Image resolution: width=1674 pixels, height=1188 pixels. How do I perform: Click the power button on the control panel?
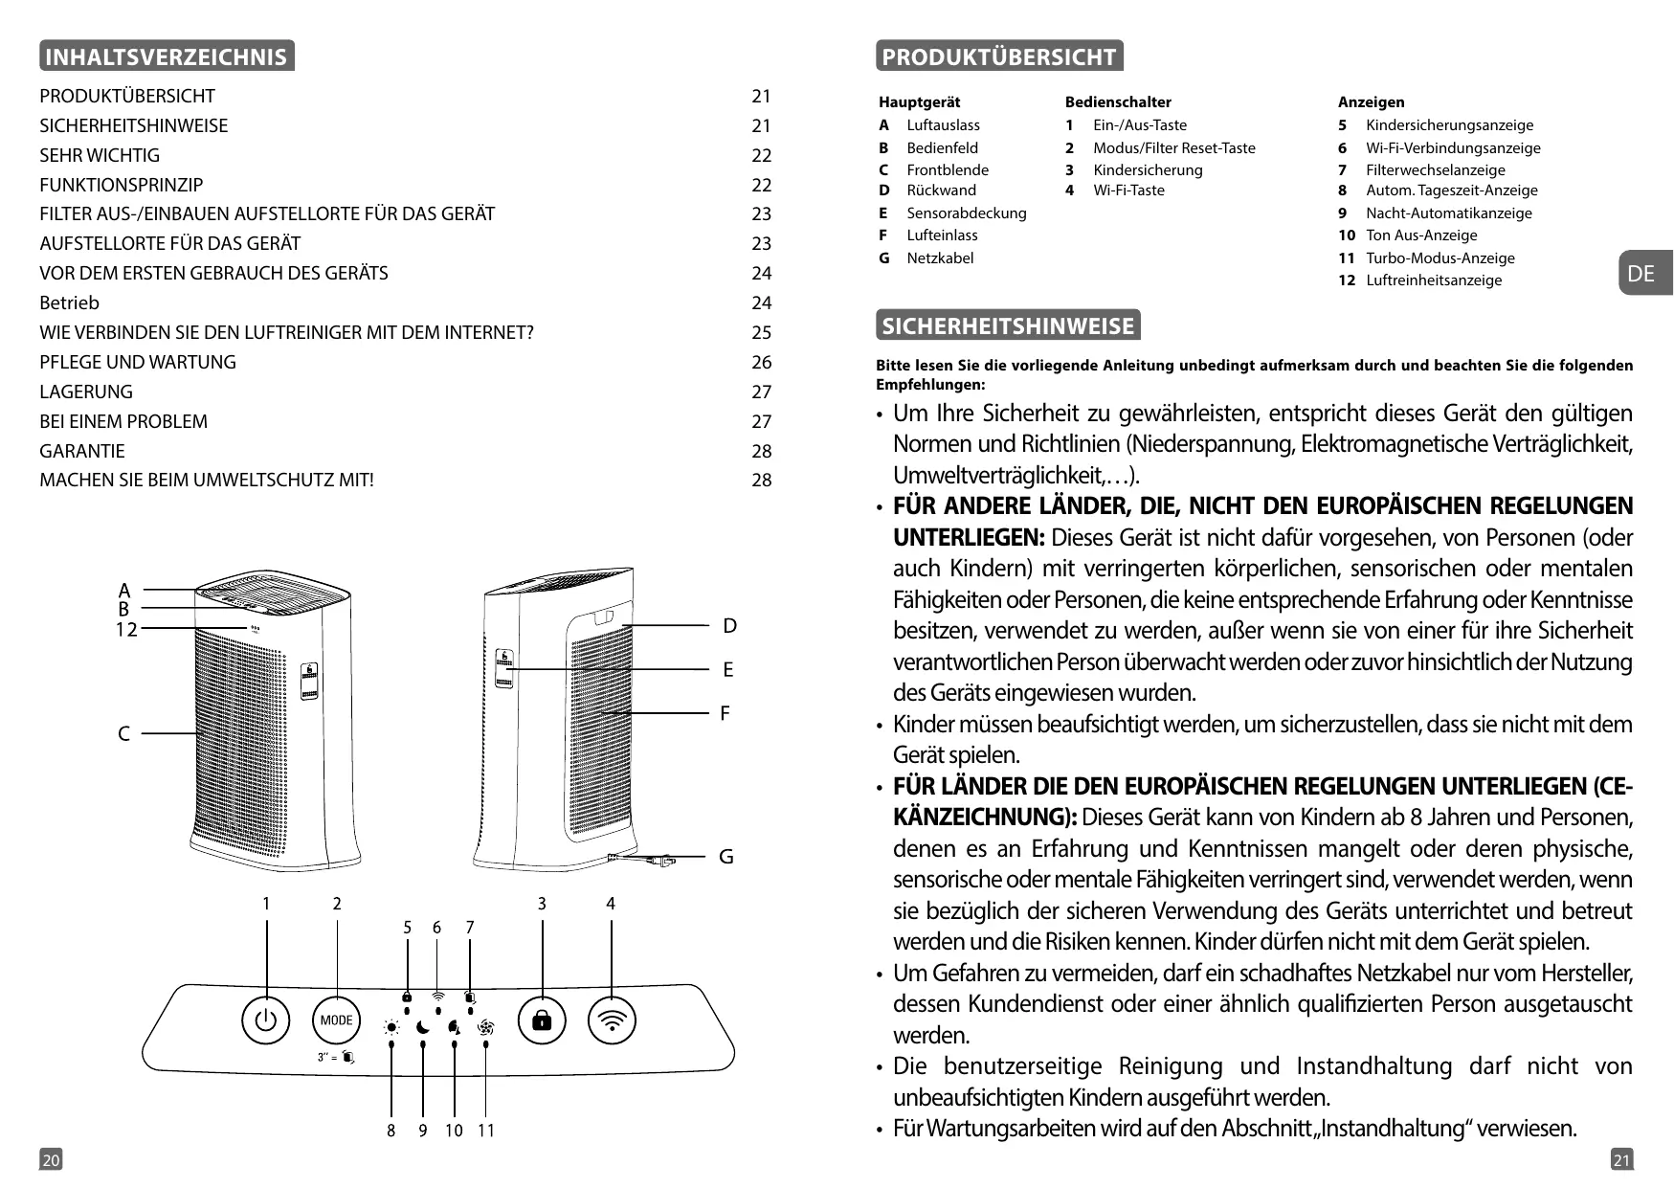pos(266,1020)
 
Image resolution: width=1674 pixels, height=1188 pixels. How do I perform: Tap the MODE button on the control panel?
pos(336,1020)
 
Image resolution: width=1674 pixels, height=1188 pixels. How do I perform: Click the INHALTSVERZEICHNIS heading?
pos(167,56)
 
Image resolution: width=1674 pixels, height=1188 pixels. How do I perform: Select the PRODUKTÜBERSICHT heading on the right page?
pos(998,56)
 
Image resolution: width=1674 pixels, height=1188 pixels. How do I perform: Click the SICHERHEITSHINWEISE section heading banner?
pos(1008,326)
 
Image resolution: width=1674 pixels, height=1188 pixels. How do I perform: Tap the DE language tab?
pos(1641,274)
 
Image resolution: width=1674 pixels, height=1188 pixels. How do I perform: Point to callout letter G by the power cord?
pos(726,857)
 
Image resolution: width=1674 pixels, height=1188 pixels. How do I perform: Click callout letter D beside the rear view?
pos(729,626)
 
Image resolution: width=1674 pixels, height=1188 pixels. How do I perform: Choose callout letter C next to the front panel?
pos(123,734)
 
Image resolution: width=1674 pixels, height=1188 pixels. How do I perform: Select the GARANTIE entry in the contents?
pos(82,451)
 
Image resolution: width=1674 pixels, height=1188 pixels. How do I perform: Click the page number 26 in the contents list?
pos(761,362)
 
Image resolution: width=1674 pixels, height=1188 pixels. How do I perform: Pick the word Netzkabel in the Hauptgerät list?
pos(940,258)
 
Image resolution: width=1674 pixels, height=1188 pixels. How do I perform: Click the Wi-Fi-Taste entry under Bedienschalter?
pos(1128,191)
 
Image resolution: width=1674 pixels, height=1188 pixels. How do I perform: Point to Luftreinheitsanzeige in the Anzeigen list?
pos(1433,280)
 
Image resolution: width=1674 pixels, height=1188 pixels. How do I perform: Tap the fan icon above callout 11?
pos(485,1027)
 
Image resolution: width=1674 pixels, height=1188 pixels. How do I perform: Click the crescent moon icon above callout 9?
pos(423,1027)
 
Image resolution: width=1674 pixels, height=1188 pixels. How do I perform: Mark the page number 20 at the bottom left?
pos(51,1160)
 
